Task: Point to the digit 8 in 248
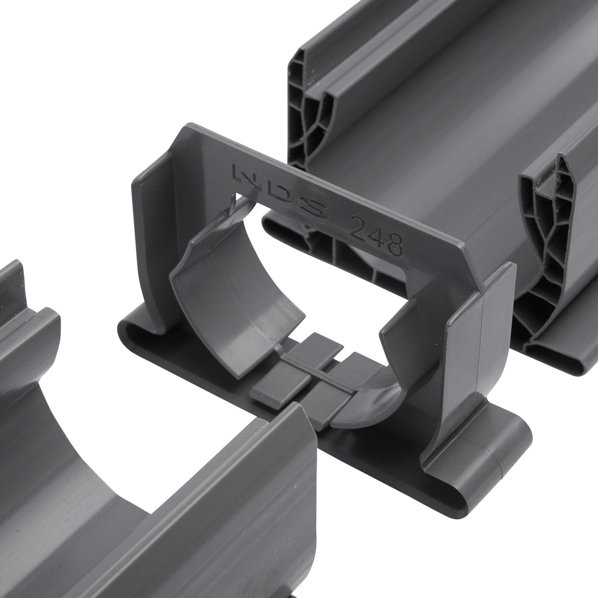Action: (395, 241)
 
